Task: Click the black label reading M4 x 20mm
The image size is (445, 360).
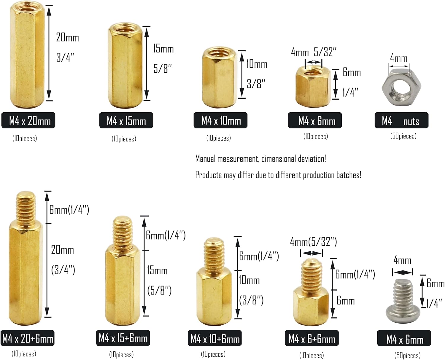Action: pyautogui.click(x=28, y=120)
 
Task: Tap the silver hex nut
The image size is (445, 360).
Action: pyautogui.click(x=401, y=87)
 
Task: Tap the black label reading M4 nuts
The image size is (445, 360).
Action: pyautogui.click(x=401, y=120)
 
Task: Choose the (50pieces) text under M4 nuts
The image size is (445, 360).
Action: pyautogui.click(x=403, y=136)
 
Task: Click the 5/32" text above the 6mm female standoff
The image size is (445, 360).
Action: pyautogui.click(x=325, y=52)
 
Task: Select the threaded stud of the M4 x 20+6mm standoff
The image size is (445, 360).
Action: pyautogui.click(x=26, y=209)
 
